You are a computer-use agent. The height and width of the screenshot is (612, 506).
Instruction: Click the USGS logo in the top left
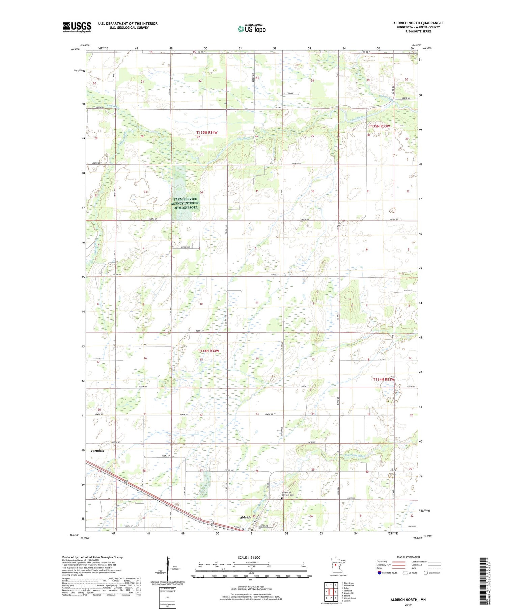(77, 27)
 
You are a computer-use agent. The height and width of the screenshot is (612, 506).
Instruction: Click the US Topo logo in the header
(251, 29)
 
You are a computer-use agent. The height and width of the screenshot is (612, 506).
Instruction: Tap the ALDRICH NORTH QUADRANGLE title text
(418, 23)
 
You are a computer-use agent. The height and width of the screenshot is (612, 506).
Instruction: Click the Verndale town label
(97, 451)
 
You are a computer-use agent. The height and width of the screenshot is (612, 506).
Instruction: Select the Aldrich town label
(245, 517)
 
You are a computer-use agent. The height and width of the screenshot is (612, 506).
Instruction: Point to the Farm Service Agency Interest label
(185, 203)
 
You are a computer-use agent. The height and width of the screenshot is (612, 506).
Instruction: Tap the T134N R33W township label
(384, 379)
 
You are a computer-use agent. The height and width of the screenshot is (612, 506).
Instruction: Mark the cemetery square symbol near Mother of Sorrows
(282, 498)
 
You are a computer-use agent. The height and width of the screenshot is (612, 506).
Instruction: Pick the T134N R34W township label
(208, 351)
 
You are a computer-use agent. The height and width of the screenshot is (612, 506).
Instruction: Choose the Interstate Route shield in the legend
(379, 573)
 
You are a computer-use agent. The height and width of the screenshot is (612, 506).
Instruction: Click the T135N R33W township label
(379, 126)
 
